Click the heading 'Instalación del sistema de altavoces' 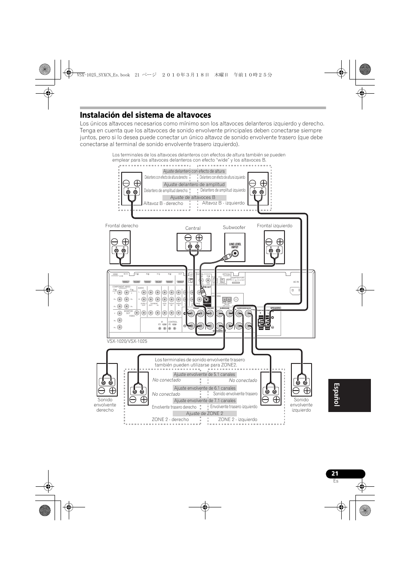click(x=145, y=115)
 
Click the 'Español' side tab click(x=349, y=395)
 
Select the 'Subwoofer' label click(x=234, y=227)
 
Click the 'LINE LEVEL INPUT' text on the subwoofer click(x=235, y=245)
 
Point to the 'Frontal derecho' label click(x=122, y=226)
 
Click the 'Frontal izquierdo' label click(x=275, y=226)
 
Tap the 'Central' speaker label click(x=193, y=228)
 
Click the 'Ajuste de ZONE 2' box click(x=205, y=413)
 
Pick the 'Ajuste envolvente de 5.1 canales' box click(x=205, y=374)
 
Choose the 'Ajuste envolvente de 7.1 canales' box click(x=205, y=400)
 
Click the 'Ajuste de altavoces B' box click(x=193, y=197)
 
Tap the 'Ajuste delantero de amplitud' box click(x=194, y=184)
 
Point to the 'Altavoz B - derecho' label click(x=163, y=203)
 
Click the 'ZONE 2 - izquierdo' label click(x=238, y=419)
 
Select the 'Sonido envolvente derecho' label click(x=105, y=405)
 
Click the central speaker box click(x=194, y=242)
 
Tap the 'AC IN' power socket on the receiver click(x=296, y=291)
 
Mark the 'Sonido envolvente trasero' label click(x=235, y=394)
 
